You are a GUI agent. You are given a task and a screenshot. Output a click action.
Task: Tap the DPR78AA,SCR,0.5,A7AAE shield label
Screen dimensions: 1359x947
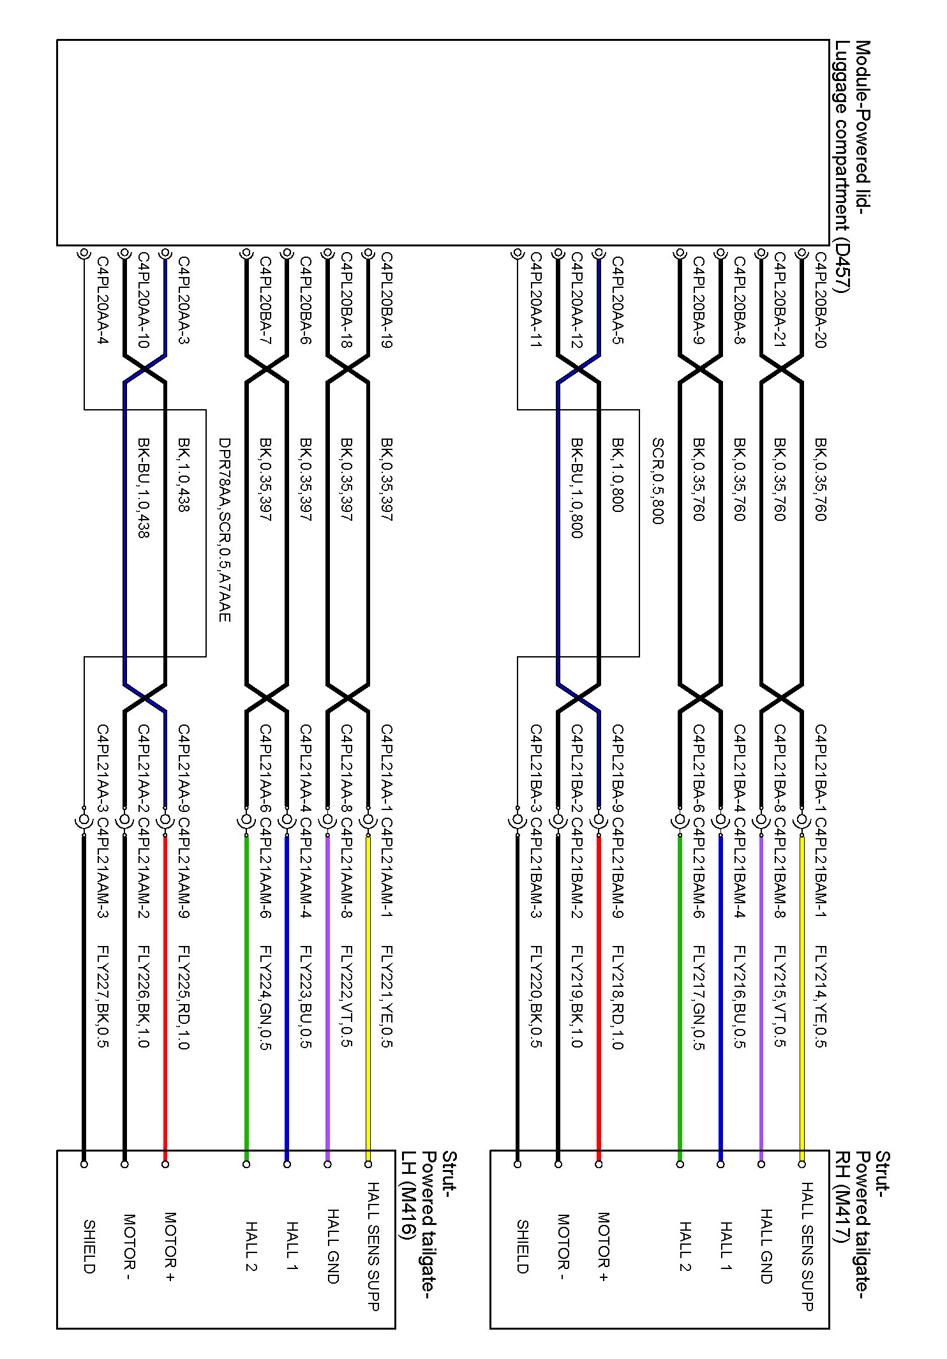(224, 530)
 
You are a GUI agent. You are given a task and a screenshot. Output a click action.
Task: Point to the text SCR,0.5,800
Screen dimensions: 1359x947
(658, 481)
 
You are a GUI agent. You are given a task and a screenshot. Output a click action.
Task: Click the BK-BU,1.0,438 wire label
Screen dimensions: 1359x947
(144, 488)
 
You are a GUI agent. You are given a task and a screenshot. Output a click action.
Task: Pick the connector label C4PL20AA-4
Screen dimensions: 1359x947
(103, 300)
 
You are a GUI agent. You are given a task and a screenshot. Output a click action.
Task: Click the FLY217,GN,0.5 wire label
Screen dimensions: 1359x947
(699, 998)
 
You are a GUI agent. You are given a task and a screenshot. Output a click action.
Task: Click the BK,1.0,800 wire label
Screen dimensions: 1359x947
(617, 475)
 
